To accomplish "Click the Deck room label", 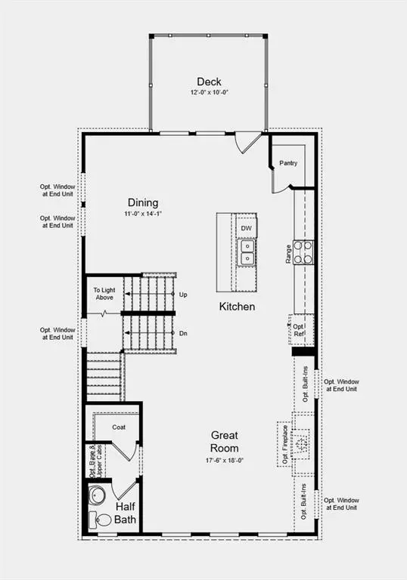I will [x=208, y=82].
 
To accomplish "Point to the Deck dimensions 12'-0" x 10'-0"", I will [x=208, y=92].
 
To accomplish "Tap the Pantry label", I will [x=288, y=163].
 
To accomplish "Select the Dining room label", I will [x=142, y=202].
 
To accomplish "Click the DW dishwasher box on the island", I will [x=246, y=227].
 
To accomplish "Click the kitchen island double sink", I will [x=247, y=253].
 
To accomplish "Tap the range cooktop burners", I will [x=303, y=251].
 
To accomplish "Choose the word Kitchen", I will [x=237, y=307].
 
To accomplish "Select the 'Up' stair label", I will [x=183, y=294].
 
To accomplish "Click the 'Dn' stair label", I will [x=183, y=333].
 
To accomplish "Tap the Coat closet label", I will [x=119, y=427].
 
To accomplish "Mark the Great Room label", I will [x=225, y=442].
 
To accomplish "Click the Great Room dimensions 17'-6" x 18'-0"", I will [x=225, y=460].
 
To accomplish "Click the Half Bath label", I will [x=126, y=513].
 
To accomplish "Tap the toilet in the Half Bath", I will [x=100, y=520].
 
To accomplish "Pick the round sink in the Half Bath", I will [x=98, y=495].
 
